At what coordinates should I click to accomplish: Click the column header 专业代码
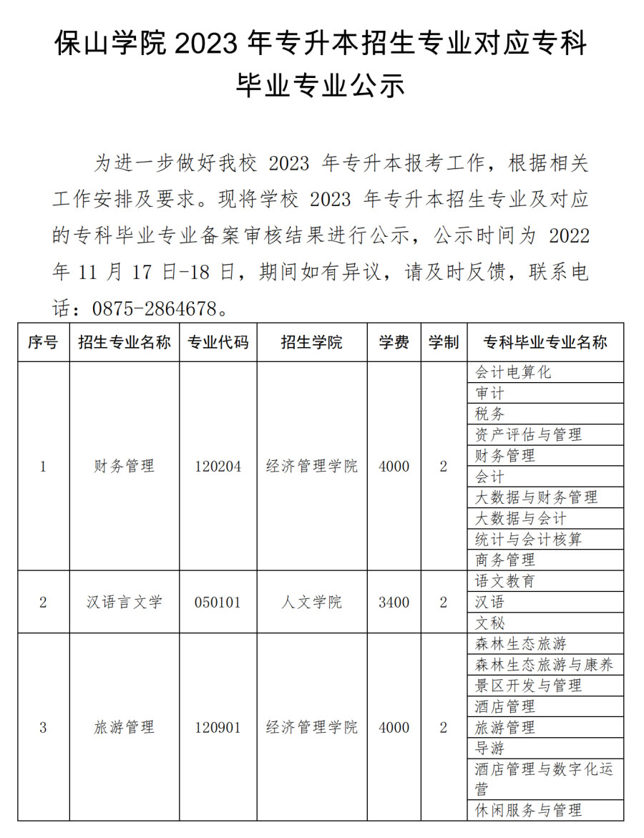(x=218, y=342)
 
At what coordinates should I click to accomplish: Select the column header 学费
(x=394, y=342)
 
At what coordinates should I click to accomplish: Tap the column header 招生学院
(x=311, y=342)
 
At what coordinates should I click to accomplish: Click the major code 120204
(x=218, y=467)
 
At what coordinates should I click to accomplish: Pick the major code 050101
(x=218, y=602)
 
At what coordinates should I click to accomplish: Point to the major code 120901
(x=218, y=728)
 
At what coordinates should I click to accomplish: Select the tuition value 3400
(x=394, y=602)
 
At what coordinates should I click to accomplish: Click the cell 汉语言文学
(x=125, y=602)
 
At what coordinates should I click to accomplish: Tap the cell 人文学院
(x=311, y=602)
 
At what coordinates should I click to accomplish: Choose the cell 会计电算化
(x=513, y=372)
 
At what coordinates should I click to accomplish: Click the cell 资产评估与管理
(x=528, y=434)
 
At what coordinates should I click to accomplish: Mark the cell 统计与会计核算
(x=528, y=539)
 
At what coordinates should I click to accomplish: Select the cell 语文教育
(x=505, y=581)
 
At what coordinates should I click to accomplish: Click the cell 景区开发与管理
(x=528, y=686)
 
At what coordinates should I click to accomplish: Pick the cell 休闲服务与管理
(x=528, y=810)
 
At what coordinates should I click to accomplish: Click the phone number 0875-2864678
(x=154, y=309)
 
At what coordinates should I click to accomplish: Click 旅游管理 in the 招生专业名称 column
(x=125, y=728)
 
